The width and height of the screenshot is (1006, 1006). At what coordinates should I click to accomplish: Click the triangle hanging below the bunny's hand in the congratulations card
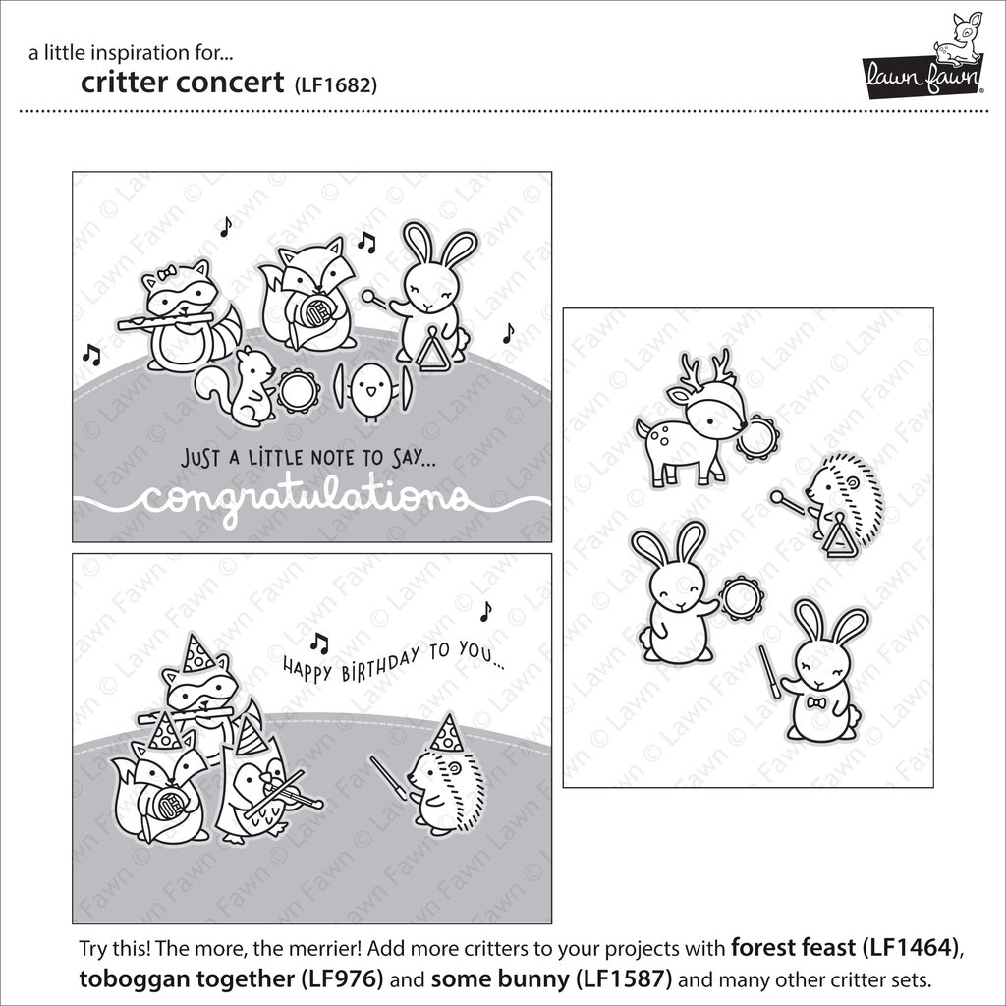pyautogui.click(x=432, y=349)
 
